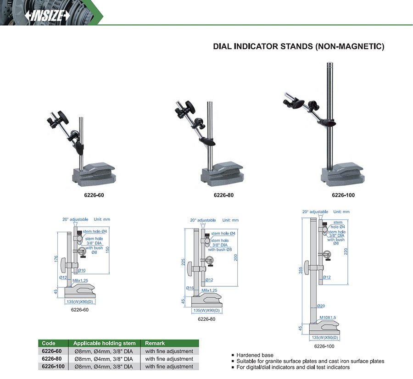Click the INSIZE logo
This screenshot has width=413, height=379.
pos(47,16)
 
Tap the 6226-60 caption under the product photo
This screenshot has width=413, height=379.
pos(94,195)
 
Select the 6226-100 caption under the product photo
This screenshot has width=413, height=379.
pos(343,195)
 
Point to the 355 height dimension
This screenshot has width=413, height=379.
pos(301,271)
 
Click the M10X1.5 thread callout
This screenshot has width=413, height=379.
pos(328,318)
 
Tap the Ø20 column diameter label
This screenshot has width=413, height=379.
pos(321,306)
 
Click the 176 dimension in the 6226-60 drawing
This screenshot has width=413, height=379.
pos(56,259)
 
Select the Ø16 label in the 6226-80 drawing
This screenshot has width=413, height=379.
pos(190,288)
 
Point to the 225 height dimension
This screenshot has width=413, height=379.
pos(183,262)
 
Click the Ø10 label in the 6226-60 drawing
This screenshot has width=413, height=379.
pos(82,270)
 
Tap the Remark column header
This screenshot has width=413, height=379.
pos(155,343)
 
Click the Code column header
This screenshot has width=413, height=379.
pos(49,343)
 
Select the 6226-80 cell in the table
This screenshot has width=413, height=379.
pos(51,359)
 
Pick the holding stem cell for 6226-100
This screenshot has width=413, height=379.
pos(104,366)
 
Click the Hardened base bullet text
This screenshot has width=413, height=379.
pos(255,355)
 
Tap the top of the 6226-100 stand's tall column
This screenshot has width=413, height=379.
pos(330,63)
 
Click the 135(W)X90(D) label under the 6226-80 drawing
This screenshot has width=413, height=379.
pos(206,311)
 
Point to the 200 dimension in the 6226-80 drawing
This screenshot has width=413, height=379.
pos(236,257)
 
